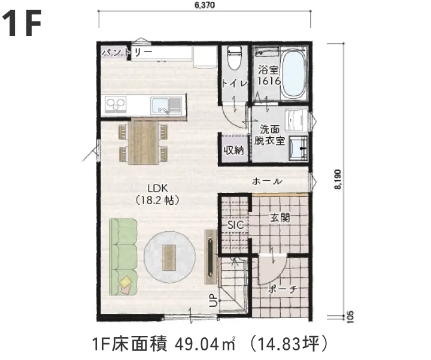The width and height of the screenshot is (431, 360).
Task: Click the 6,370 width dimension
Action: coord(205,5)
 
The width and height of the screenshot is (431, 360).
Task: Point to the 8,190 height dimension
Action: coord(338,179)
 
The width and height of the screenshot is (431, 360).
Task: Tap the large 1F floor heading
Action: coord(22,23)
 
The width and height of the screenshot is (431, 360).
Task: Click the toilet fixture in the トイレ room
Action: coord(235,58)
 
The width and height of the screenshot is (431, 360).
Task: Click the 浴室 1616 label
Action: coord(269,75)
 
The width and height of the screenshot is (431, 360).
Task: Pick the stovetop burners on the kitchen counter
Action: coord(116,104)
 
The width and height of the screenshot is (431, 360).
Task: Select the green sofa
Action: coord(123,257)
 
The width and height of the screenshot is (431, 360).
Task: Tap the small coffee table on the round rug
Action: coord(169,257)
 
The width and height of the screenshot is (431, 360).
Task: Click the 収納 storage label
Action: coord(233,150)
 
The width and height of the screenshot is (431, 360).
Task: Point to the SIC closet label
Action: coord(236,225)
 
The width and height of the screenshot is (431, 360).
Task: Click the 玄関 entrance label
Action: coord(280,218)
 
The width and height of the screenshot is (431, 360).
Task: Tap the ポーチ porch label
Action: coord(283,289)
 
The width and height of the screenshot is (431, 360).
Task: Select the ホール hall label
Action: coord(267,181)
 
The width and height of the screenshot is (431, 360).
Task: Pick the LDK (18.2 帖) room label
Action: coord(158,195)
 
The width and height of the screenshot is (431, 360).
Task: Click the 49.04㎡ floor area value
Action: coord(205,344)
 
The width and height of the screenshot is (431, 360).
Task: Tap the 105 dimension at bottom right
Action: coord(350,317)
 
